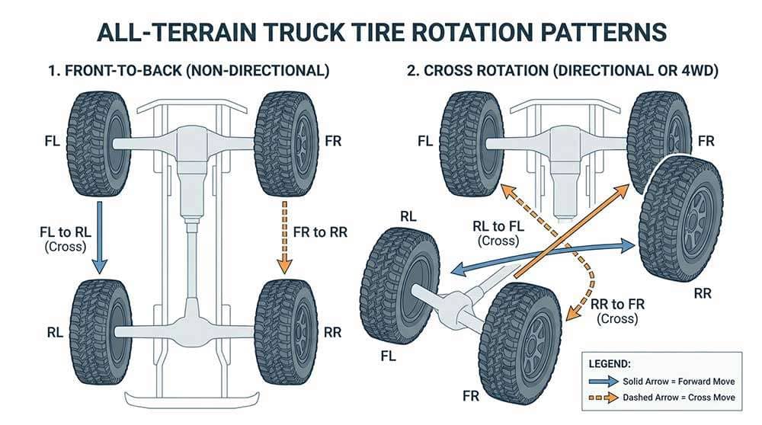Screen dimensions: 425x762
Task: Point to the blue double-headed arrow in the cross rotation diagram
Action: click(x=541, y=256)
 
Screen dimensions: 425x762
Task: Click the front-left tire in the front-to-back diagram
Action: click(x=99, y=144)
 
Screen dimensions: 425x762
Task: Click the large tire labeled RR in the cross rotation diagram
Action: click(x=680, y=218)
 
